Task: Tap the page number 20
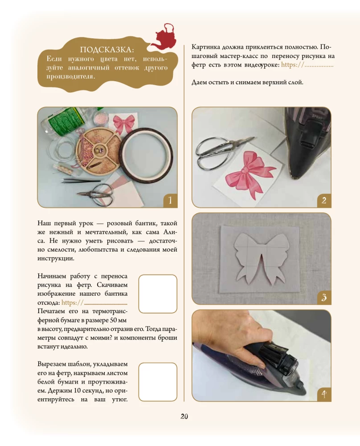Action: tap(184, 417)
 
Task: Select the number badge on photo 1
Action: tap(170, 201)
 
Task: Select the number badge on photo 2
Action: tap(324, 201)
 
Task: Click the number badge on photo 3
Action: tap(324, 297)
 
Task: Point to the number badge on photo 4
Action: tap(324, 395)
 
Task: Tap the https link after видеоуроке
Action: tap(307, 65)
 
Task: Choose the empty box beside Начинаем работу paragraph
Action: tap(158, 294)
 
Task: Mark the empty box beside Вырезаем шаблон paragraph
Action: tap(158, 382)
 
